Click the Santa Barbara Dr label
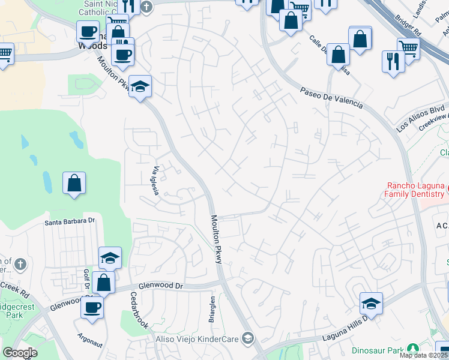70,221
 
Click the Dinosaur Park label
378,349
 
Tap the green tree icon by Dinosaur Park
412,349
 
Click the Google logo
20,352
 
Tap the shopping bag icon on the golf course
74,183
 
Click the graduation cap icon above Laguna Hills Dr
372,303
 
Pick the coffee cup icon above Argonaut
92,307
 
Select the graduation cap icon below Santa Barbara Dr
110,258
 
